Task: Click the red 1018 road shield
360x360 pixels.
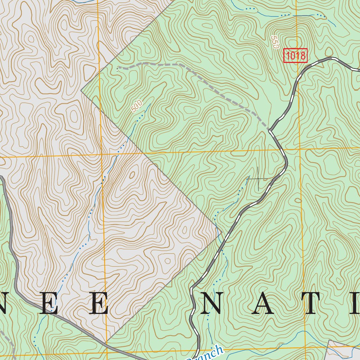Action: click(296, 56)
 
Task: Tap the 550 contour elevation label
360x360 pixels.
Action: click(275, 41)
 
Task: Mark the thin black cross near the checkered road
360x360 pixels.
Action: click(258, 179)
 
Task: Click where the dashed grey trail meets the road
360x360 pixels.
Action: click(270, 129)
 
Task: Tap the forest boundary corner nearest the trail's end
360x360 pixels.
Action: click(81, 91)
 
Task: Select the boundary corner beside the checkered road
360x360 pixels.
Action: click(221, 232)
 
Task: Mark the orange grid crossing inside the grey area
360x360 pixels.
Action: click(102, 155)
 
